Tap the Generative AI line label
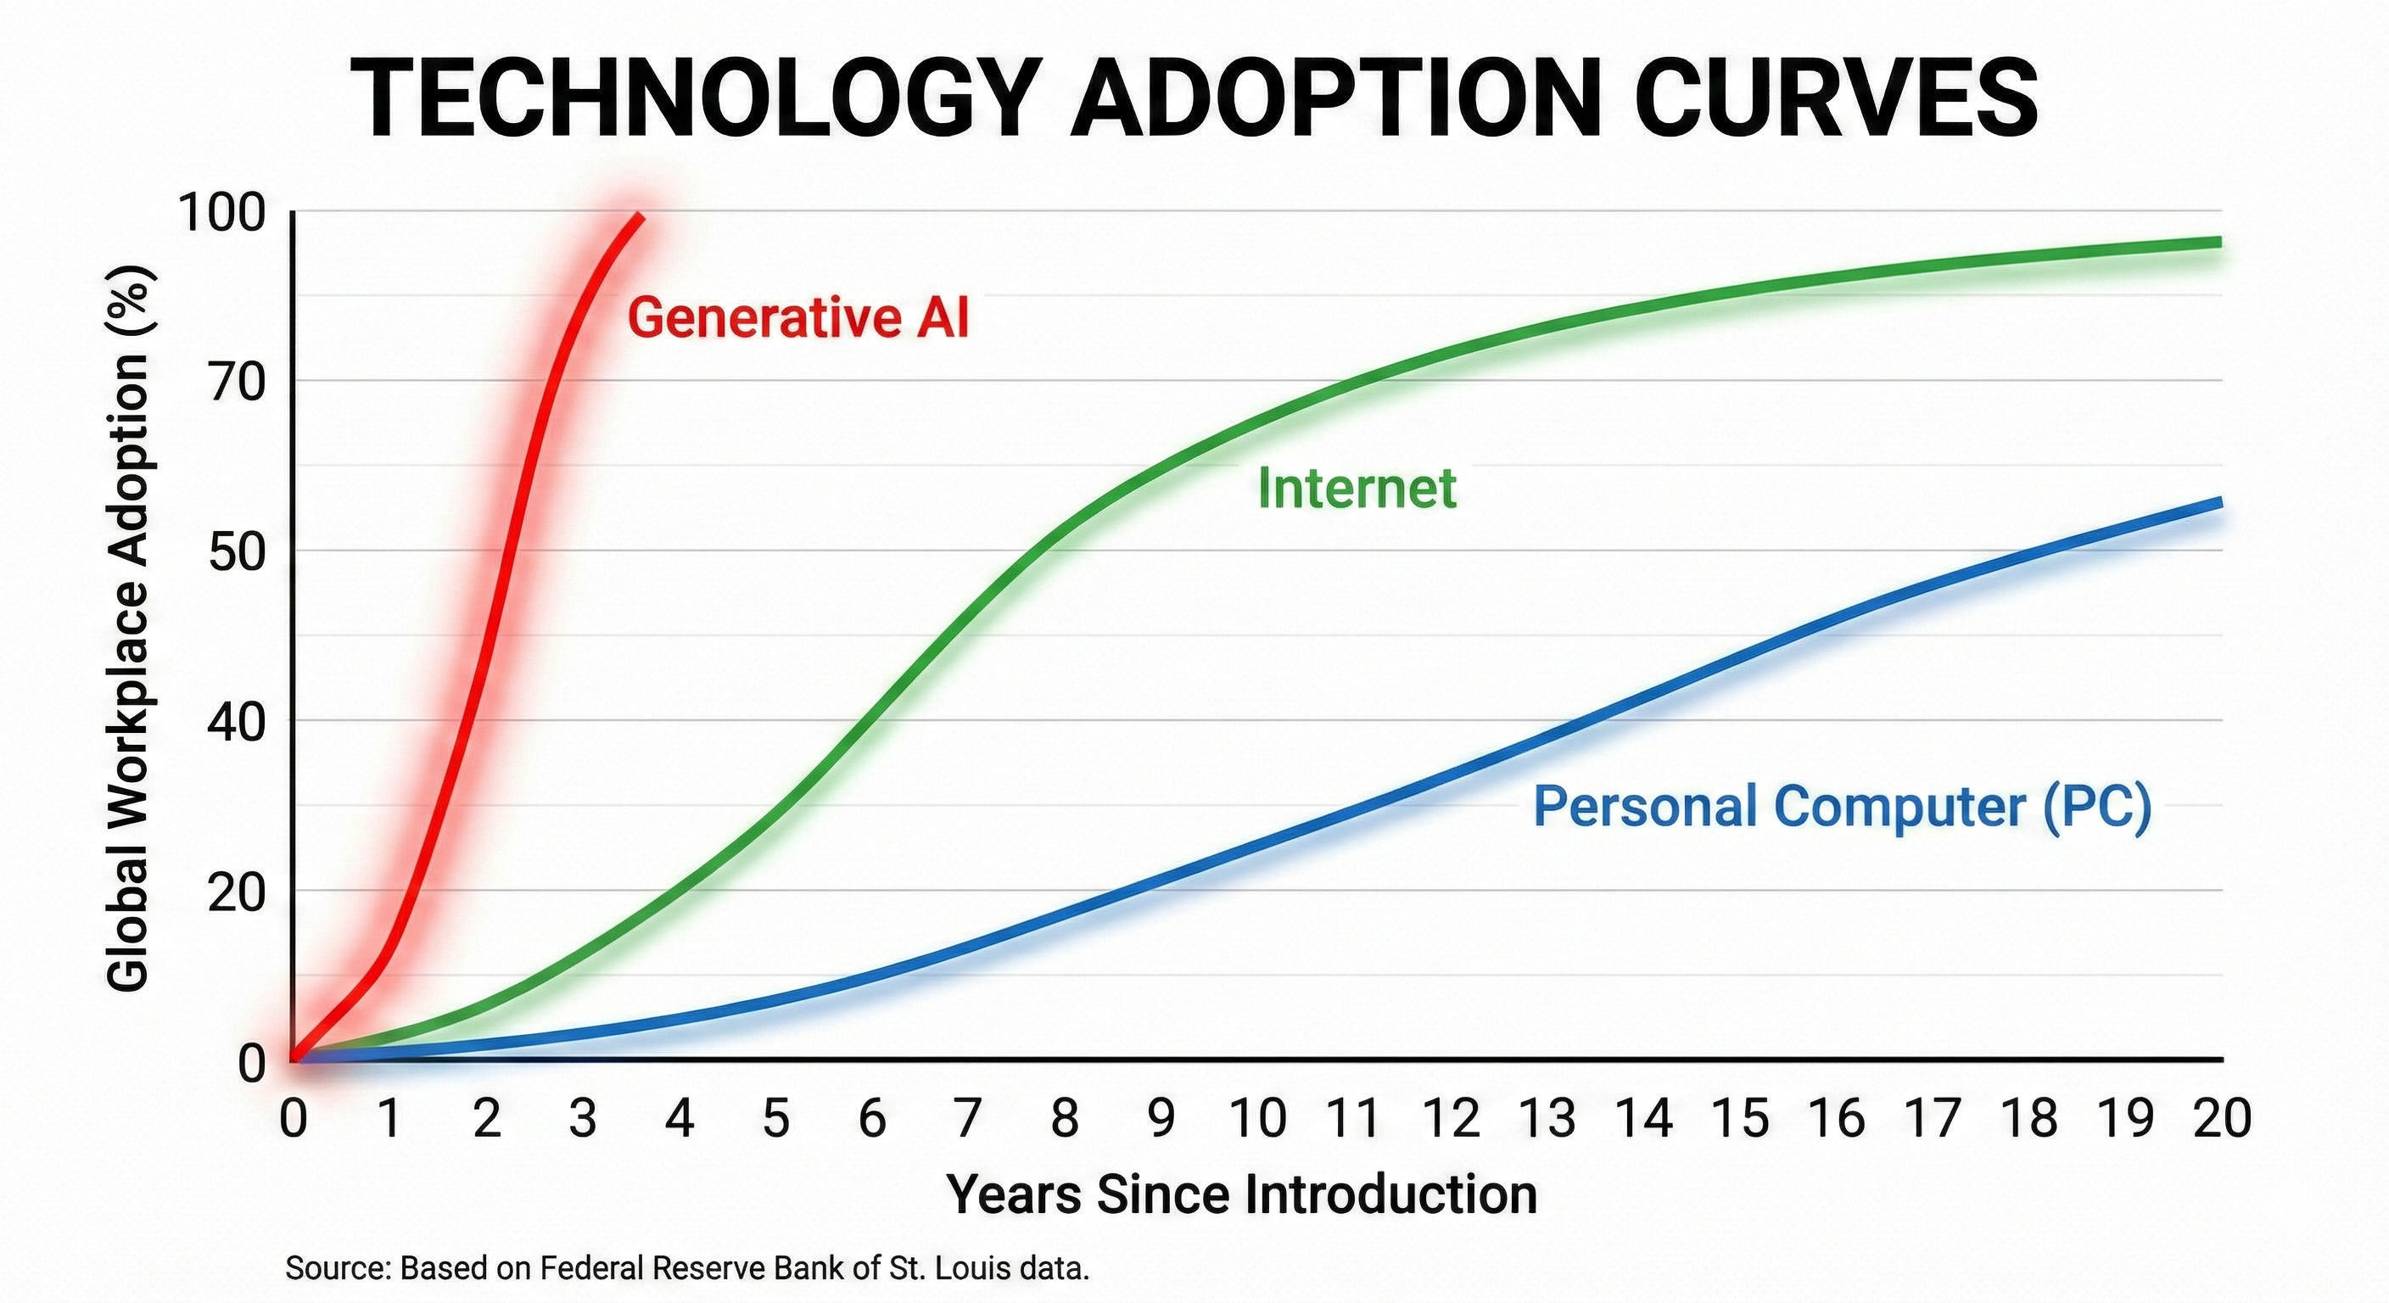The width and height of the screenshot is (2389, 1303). [x=797, y=318]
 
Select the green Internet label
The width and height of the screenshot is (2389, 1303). [x=1357, y=488]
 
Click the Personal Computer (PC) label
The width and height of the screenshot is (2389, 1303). [x=1842, y=806]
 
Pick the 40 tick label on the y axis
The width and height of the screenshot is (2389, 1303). [x=237, y=723]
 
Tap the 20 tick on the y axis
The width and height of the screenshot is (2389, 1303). [x=237, y=892]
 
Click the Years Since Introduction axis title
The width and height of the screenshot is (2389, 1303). [x=1242, y=1194]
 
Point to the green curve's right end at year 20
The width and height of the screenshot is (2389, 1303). [x=2220, y=242]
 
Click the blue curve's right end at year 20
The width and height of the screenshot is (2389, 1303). [x=2220, y=503]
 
